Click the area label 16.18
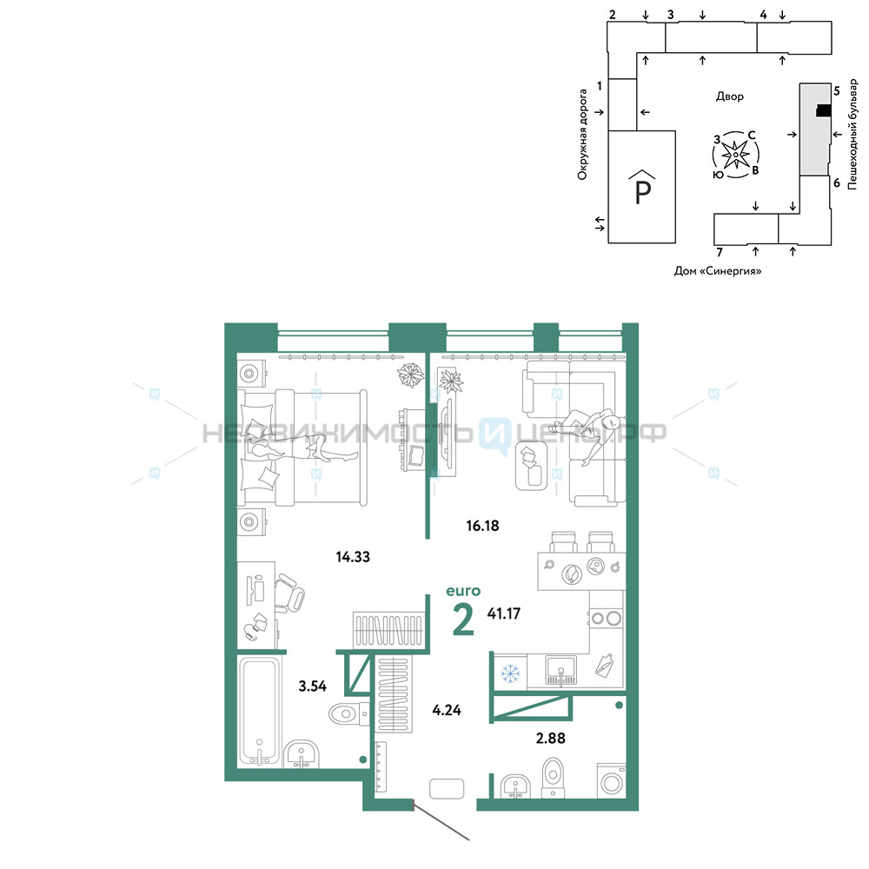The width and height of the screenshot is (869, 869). pos(482,526)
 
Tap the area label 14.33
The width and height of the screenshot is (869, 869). pos(353,556)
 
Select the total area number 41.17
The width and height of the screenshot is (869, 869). pos(503,614)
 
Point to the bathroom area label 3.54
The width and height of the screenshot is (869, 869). pos(313,687)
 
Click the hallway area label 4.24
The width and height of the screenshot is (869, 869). pos(447,710)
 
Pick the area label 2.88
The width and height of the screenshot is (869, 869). pos(550,738)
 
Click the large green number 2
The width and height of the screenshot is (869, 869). pos(463,620)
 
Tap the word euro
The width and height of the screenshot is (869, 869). pos(463,591)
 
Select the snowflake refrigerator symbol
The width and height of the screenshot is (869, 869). pos(510,673)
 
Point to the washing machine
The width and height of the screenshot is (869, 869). pos(612,781)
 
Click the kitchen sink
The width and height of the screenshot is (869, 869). pos(561,671)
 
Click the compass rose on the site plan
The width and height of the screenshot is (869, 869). pos(735,155)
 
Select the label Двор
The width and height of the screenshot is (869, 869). pos(729,96)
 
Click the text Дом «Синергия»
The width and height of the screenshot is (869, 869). pos(718,271)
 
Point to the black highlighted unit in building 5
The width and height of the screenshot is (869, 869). pos(824,111)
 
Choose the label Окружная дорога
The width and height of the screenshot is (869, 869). pos(582,135)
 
